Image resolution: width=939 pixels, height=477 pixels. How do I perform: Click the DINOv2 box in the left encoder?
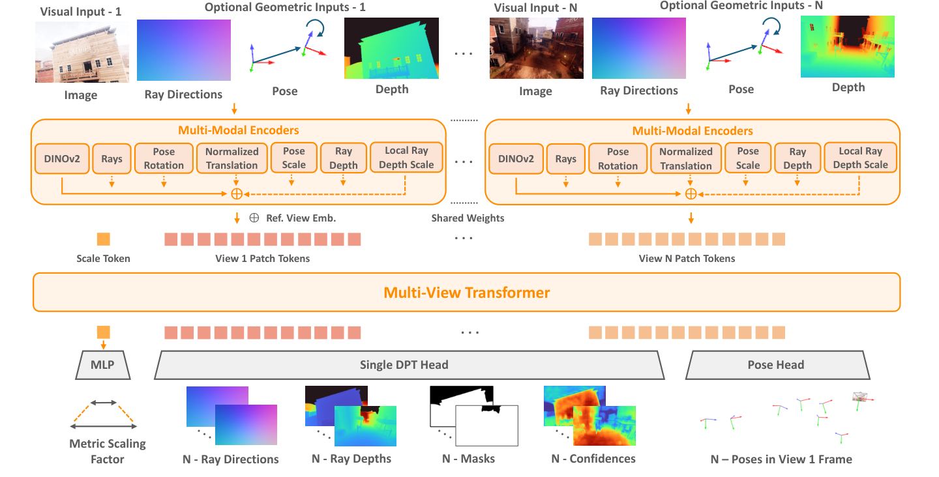(x=62, y=159)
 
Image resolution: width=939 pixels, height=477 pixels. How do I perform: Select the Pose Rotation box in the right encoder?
(x=618, y=159)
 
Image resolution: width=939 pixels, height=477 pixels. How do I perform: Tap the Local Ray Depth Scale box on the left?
(x=406, y=158)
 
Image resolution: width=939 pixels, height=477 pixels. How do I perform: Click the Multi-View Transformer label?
(x=467, y=293)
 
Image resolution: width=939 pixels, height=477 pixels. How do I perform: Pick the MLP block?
(x=103, y=365)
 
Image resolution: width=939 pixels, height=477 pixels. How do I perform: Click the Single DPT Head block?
(x=409, y=365)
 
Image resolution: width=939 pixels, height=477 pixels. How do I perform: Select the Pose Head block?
(x=777, y=365)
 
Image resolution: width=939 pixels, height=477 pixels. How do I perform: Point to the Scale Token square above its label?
(x=104, y=239)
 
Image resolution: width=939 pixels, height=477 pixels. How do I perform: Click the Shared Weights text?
(x=468, y=218)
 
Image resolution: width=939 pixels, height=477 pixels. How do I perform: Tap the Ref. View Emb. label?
(x=301, y=218)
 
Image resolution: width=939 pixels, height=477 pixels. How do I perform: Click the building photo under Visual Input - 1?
(x=82, y=52)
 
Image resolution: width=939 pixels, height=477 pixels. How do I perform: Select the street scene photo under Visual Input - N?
(x=537, y=48)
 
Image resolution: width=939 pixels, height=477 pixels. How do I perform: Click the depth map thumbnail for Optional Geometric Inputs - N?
(x=848, y=46)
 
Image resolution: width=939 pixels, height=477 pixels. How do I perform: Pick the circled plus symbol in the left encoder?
(x=237, y=194)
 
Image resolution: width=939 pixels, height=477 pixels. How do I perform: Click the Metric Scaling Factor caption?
(x=108, y=452)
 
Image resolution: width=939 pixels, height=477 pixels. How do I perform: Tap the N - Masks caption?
(x=469, y=459)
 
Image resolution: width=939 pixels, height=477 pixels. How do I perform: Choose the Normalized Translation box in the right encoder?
(x=686, y=159)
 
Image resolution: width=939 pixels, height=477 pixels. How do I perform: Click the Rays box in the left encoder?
(x=112, y=159)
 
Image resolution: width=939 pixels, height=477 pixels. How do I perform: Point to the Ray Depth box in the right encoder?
(x=797, y=158)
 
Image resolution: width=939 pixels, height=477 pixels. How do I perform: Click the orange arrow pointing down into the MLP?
(x=104, y=344)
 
